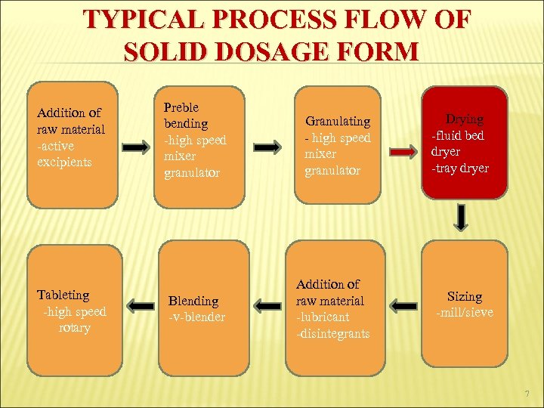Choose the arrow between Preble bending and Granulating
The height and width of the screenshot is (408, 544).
click(268, 146)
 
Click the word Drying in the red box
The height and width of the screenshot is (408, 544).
click(465, 119)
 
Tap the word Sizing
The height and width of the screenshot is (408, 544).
click(464, 297)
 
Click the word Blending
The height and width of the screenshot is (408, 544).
click(193, 301)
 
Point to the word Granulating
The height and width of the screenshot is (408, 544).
click(338, 121)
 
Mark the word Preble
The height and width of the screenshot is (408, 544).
click(181, 107)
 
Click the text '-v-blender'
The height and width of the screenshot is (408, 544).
click(196, 317)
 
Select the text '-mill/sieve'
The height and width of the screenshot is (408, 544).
click(464, 313)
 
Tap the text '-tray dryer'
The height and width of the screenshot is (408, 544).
click(460, 168)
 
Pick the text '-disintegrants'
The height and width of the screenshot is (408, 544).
click(333, 333)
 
